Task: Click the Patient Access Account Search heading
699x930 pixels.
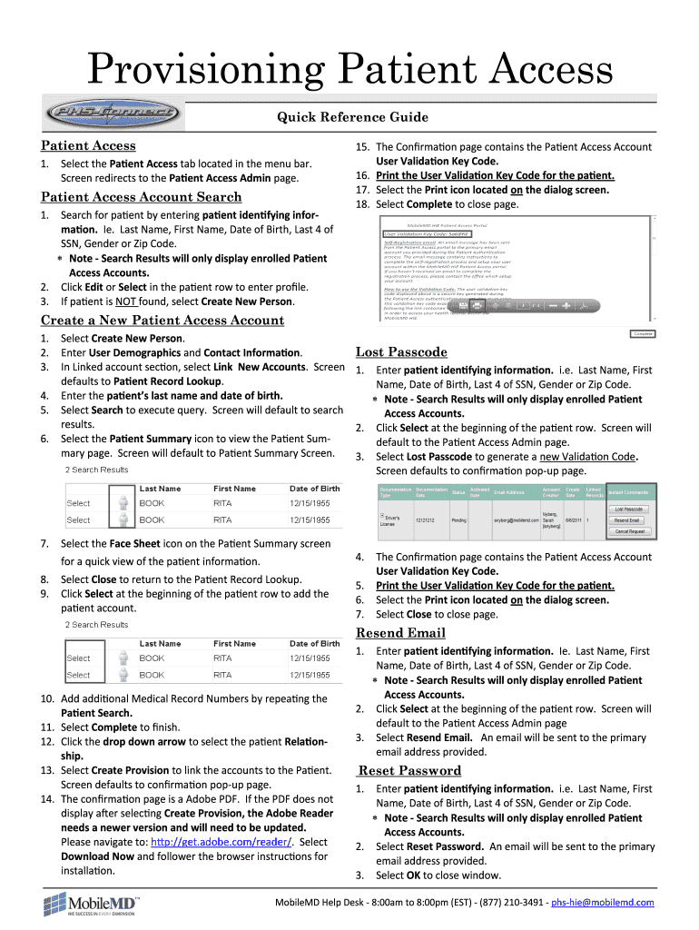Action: pos(142,197)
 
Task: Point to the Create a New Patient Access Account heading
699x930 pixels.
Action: pos(162,321)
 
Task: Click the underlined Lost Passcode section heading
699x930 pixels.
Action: pos(401,351)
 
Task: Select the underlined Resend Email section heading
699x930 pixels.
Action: pos(400,633)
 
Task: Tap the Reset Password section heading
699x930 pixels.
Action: pos(409,771)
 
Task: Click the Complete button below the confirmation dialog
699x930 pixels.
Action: pos(642,333)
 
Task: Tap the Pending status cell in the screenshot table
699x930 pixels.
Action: pos(458,520)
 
